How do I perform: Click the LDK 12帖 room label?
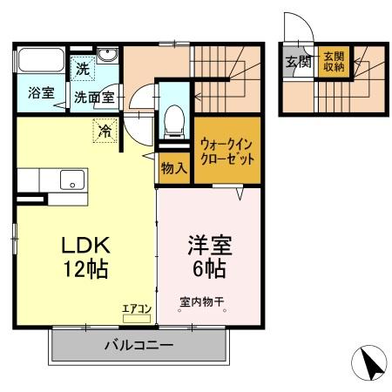(84, 255)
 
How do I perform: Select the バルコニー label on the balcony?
(139, 344)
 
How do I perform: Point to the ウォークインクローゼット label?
(226, 153)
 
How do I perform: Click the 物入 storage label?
(173, 168)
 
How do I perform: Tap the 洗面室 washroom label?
(93, 98)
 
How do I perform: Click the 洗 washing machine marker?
(82, 68)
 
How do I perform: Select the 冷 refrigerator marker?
(105, 132)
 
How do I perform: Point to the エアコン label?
(138, 308)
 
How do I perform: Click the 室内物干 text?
(202, 303)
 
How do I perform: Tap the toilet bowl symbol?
(172, 117)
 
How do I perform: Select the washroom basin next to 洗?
(109, 58)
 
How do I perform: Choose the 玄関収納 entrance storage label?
(333, 63)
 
